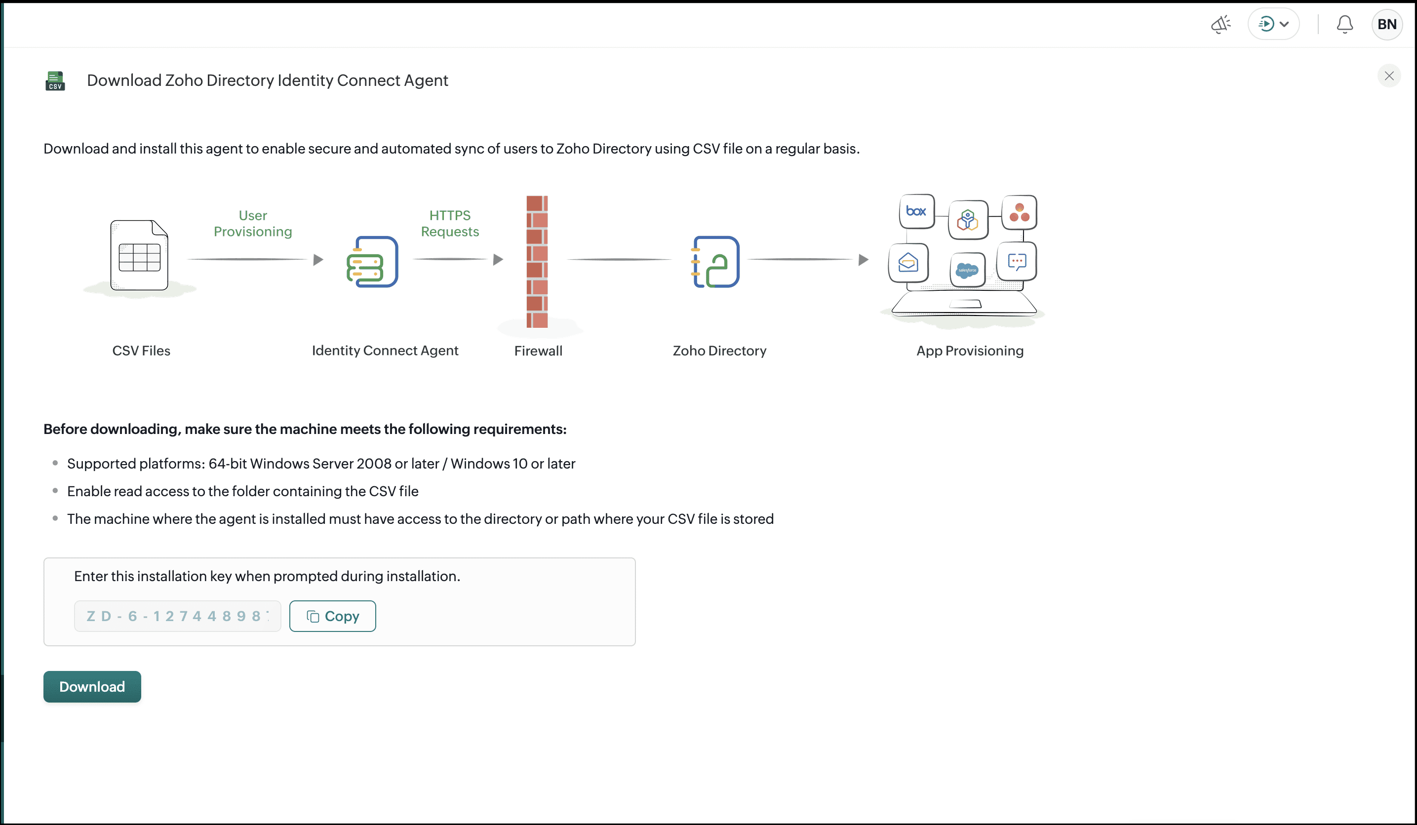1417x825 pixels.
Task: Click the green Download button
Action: [x=92, y=686]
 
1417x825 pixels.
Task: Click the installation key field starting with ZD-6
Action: [x=178, y=616]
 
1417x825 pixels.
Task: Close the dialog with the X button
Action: [x=1389, y=76]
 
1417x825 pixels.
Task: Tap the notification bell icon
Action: [x=1344, y=24]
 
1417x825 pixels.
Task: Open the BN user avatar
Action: [x=1386, y=24]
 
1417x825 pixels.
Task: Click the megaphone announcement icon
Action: [x=1221, y=24]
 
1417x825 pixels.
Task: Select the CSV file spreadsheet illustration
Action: [x=139, y=255]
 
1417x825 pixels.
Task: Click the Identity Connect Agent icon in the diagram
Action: [x=372, y=262]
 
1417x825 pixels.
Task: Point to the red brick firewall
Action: [x=537, y=262]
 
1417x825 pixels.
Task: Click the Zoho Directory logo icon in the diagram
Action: [x=715, y=262]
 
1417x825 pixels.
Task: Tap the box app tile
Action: [x=916, y=211]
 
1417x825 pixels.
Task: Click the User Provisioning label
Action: [x=253, y=223]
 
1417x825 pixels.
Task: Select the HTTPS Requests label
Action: [x=450, y=223]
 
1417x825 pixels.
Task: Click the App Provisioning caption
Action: [x=970, y=351]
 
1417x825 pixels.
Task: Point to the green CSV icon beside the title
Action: [x=55, y=80]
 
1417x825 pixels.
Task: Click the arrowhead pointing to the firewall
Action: [x=498, y=260]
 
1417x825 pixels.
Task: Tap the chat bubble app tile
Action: [x=1017, y=262]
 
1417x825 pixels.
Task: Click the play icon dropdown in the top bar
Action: [x=1274, y=24]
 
